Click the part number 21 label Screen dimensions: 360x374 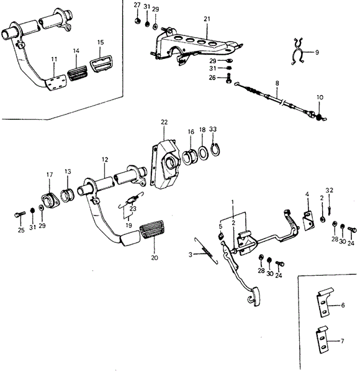coord(207,19)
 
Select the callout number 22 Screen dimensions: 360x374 coord(164,122)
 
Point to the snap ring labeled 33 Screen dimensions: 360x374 coord(215,150)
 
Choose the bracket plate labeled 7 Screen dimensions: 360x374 coord(322,340)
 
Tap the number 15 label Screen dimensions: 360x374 coord(101,42)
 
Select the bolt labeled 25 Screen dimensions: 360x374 coord(19,214)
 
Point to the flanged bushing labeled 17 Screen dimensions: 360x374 coord(50,202)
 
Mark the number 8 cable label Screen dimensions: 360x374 coord(277,83)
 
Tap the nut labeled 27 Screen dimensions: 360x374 coord(137,21)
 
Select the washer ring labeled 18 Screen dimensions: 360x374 coord(203,154)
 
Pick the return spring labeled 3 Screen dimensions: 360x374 coord(206,251)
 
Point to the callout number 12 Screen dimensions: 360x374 coord(105,159)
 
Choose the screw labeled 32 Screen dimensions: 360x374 coord(329,211)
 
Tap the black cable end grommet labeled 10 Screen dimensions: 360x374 coord(319,117)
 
